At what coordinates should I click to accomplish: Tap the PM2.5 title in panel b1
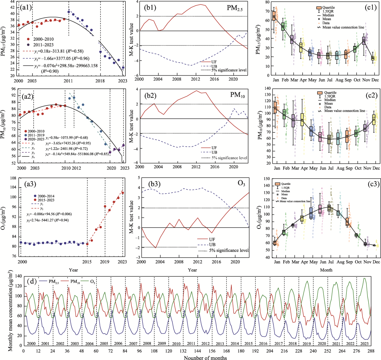click(x=236, y=8)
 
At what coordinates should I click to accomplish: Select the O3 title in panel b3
click(x=241, y=184)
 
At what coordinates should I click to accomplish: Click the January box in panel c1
click(x=274, y=16)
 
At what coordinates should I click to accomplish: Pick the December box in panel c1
click(x=373, y=58)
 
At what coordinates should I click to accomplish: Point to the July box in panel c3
click(x=329, y=208)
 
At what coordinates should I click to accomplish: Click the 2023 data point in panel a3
click(x=122, y=193)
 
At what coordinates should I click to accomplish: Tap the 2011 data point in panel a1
click(x=69, y=12)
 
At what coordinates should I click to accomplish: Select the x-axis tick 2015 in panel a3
click(x=87, y=262)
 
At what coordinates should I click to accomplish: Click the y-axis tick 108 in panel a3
click(x=13, y=178)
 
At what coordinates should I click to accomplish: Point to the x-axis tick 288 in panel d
click(x=371, y=351)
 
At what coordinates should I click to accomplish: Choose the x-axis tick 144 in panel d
click(x=197, y=351)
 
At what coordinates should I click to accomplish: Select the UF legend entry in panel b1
click(x=210, y=62)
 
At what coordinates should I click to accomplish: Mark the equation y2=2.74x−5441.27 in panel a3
click(x=48, y=220)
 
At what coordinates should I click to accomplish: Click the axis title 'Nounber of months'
click(x=205, y=358)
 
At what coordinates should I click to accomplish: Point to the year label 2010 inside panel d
click(x=176, y=343)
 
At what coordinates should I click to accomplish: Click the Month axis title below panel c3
click(x=326, y=270)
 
